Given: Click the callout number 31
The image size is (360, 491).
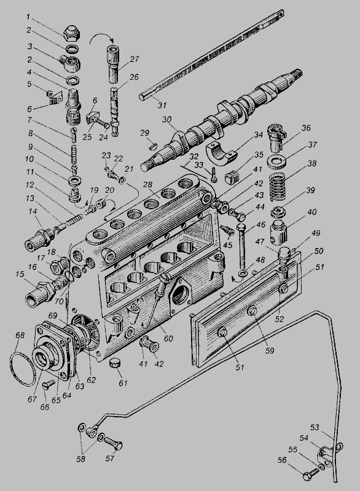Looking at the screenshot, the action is [x=162, y=105].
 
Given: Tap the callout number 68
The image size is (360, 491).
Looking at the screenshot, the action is [x=20, y=335].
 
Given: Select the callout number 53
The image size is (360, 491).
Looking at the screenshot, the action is [x=315, y=427].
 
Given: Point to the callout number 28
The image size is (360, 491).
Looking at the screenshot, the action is [x=147, y=184].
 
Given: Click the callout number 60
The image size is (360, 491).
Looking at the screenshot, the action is [x=168, y=339].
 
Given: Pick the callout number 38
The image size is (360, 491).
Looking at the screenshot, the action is [x=311, y=163].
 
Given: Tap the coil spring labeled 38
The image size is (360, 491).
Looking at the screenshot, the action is [x=278, y=187].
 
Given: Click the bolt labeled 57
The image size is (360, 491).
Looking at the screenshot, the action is [x=113, y=444].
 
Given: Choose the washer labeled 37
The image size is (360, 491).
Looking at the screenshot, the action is [x=276, y=161].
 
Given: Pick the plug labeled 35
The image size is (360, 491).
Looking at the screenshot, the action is [x=232, y=177].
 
